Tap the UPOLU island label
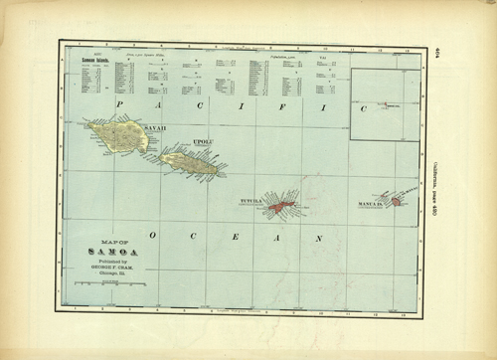(x=202, y=143)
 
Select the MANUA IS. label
(x=370, y=206)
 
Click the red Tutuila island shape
(x=283, y=206)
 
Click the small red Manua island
(x=396, y=201)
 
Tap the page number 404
(x=441, y=53)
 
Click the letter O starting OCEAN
(x=151, y=235)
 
